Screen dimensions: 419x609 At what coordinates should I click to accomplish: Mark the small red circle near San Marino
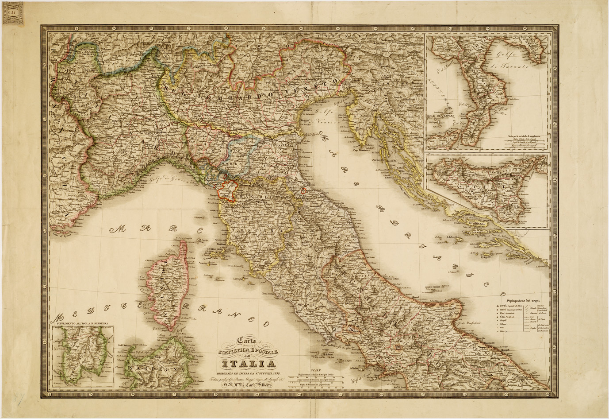pyautogui.click(x=303, y=191)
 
